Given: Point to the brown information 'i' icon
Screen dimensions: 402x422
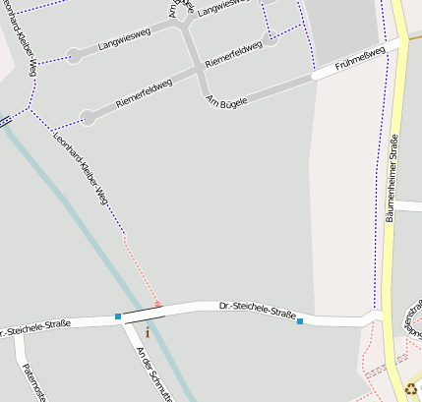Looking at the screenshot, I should pyautogui.click(x=148, y=333).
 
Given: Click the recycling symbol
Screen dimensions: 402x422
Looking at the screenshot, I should pyautogui.click(x=410, y=389).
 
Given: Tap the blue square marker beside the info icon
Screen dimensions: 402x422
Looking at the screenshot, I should pyautogui.click(x=118, y=316).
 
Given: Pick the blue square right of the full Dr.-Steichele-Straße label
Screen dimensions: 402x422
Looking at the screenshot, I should pyautogui.click(x=300, y=321).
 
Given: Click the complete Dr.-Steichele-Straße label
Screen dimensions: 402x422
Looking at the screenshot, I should pyautogui.click(x=258, y=313).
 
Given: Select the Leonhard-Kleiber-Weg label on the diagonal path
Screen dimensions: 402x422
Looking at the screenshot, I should pyautogui.click(x=82, y=168).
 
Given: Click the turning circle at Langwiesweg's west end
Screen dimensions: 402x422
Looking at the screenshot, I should pyautogui.click(x=74, y=56).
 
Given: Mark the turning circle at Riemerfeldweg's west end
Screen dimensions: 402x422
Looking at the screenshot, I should pyautogui.click(x=88, y=118).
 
